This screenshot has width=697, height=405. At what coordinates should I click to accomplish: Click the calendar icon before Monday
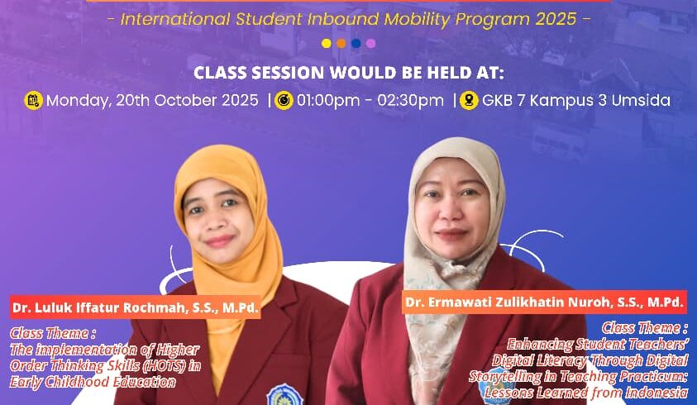coord(33,101)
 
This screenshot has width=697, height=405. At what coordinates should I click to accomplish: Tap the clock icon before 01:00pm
coord(284,101)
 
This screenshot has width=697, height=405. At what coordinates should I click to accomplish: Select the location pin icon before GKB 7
coord(470,101)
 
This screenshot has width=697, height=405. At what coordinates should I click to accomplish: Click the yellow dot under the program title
coord(327,43)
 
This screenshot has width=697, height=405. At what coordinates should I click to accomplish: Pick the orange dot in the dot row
coord(341,43)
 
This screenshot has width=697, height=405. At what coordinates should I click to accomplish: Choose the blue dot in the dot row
coord(356,43)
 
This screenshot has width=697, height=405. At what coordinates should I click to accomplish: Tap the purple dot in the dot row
coord(371,43)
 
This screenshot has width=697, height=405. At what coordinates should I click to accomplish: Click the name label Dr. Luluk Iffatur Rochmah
coord(135,308)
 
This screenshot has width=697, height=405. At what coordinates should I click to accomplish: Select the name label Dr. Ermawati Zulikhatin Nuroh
coord(544,303)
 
